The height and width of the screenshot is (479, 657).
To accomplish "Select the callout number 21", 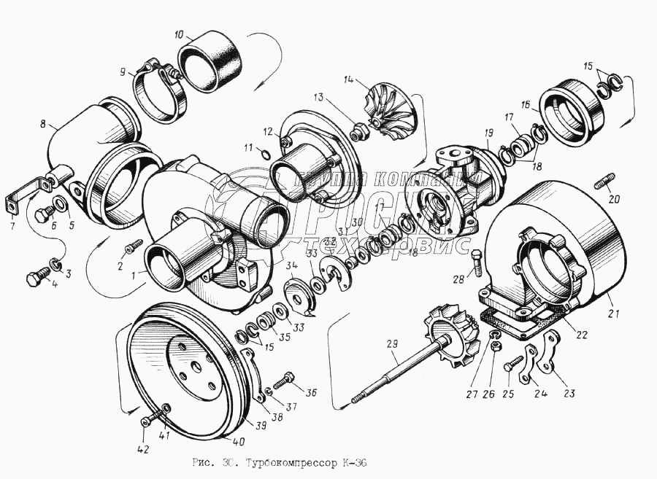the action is [x=612, y=314].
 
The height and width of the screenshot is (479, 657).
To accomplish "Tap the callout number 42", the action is [x=143, y=450].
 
